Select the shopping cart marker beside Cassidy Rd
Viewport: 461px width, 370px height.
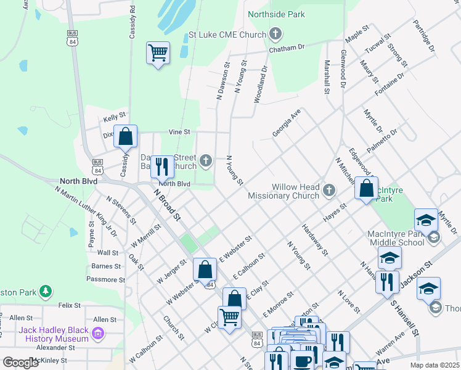point(158,53)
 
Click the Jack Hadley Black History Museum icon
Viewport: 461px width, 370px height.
point(97,334)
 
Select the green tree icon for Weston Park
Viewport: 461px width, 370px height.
point(45,290)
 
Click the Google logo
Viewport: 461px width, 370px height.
point(20,363)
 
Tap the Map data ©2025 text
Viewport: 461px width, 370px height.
point(434,365)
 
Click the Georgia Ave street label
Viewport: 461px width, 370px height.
point(287,123)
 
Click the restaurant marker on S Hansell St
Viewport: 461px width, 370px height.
point(387,282)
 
